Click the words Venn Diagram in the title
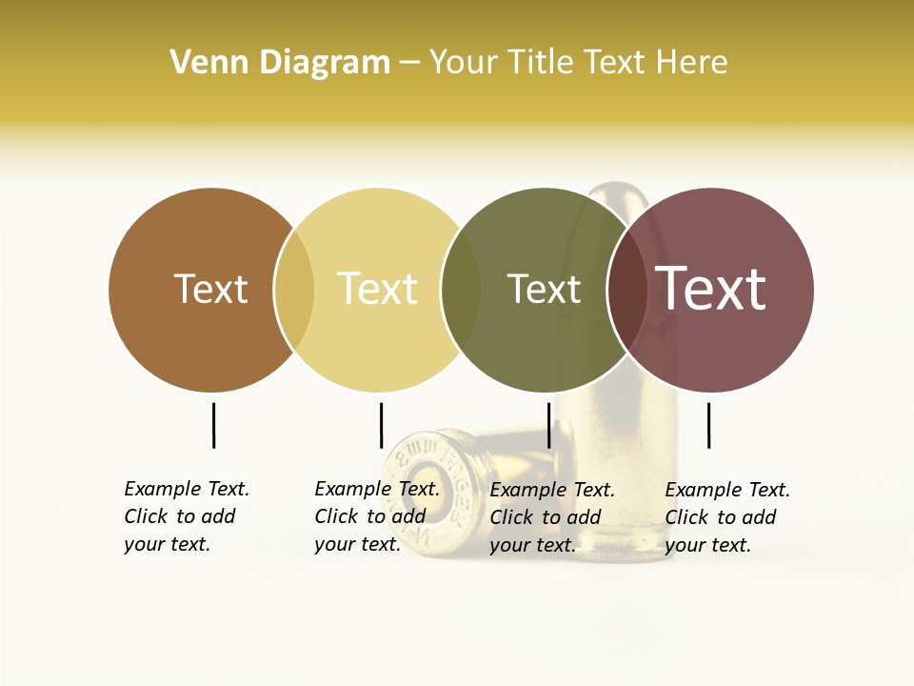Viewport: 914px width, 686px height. coord(280,63)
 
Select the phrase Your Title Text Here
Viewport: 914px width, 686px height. coord(578,63)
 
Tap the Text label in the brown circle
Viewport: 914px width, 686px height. coord(210,289)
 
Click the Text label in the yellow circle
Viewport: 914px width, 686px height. coord(377,289)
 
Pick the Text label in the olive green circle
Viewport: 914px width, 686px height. coord(544,289)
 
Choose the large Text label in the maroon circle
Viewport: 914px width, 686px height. coord(711,289)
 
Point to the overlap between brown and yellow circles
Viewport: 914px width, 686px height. coord(294,290)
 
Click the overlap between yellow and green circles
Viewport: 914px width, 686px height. coord(461,290)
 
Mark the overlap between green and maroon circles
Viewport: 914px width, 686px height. coord(626,290)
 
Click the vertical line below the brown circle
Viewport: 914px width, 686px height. coord(213,425)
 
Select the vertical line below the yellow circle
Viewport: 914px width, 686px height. coord(381,425)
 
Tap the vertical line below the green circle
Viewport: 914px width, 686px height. coord(548,425)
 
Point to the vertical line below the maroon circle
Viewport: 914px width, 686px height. coord(708,425)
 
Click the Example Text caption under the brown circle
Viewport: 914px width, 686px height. coord(187,516)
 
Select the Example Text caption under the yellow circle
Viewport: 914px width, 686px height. coord(377,516)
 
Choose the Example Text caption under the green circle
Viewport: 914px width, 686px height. coord(552,517)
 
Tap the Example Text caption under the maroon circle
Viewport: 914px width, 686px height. coord(727,517)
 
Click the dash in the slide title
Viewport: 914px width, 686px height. coord(409,63)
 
